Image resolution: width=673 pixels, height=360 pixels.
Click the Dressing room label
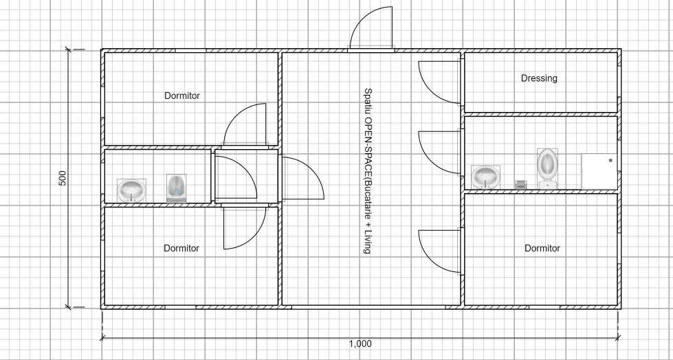pyautogui.click(x=539, y=78)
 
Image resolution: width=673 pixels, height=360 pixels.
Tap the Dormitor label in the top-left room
pyautogui.click(x=182, y=95)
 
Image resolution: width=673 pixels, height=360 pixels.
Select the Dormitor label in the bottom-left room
pyautogui.click(x=181, y=248)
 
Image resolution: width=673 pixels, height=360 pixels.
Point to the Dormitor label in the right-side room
pyautogui.click(x=542, y=248)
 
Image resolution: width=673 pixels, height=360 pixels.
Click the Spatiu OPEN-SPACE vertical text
pyautogui.click(x=368, y=171)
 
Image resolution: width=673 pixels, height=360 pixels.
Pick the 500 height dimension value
pyautogui.click(x=63, y=178)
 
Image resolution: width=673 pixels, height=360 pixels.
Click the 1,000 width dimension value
pyautogui.click(x=360, y=344)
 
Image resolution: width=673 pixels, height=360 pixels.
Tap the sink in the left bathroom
pyautogui.click(x=131, y=191)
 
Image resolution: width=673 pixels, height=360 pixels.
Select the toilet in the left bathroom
pyautogui.click(x=176, y=188)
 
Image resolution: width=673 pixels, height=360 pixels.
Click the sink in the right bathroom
pyautogui.click(x=485, y=177)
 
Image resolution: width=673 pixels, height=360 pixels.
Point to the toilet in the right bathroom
pyautogui.click(x=547, y=168)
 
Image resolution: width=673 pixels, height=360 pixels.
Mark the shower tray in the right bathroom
pyautogui.click(x=599, y=172)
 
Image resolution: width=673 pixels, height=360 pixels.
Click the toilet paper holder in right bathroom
pyautogui.click(x=520, y=185)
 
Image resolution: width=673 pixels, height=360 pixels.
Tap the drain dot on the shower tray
pyautogui.click(x=610, y=161)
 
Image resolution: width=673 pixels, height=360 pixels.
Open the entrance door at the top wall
pyautogui.click(x=371, y=29)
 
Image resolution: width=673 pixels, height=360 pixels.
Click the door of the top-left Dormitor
pyautogui.click(x=245, y=125)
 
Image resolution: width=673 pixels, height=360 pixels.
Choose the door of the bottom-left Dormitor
pyautogui.click(x=245, y=227)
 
